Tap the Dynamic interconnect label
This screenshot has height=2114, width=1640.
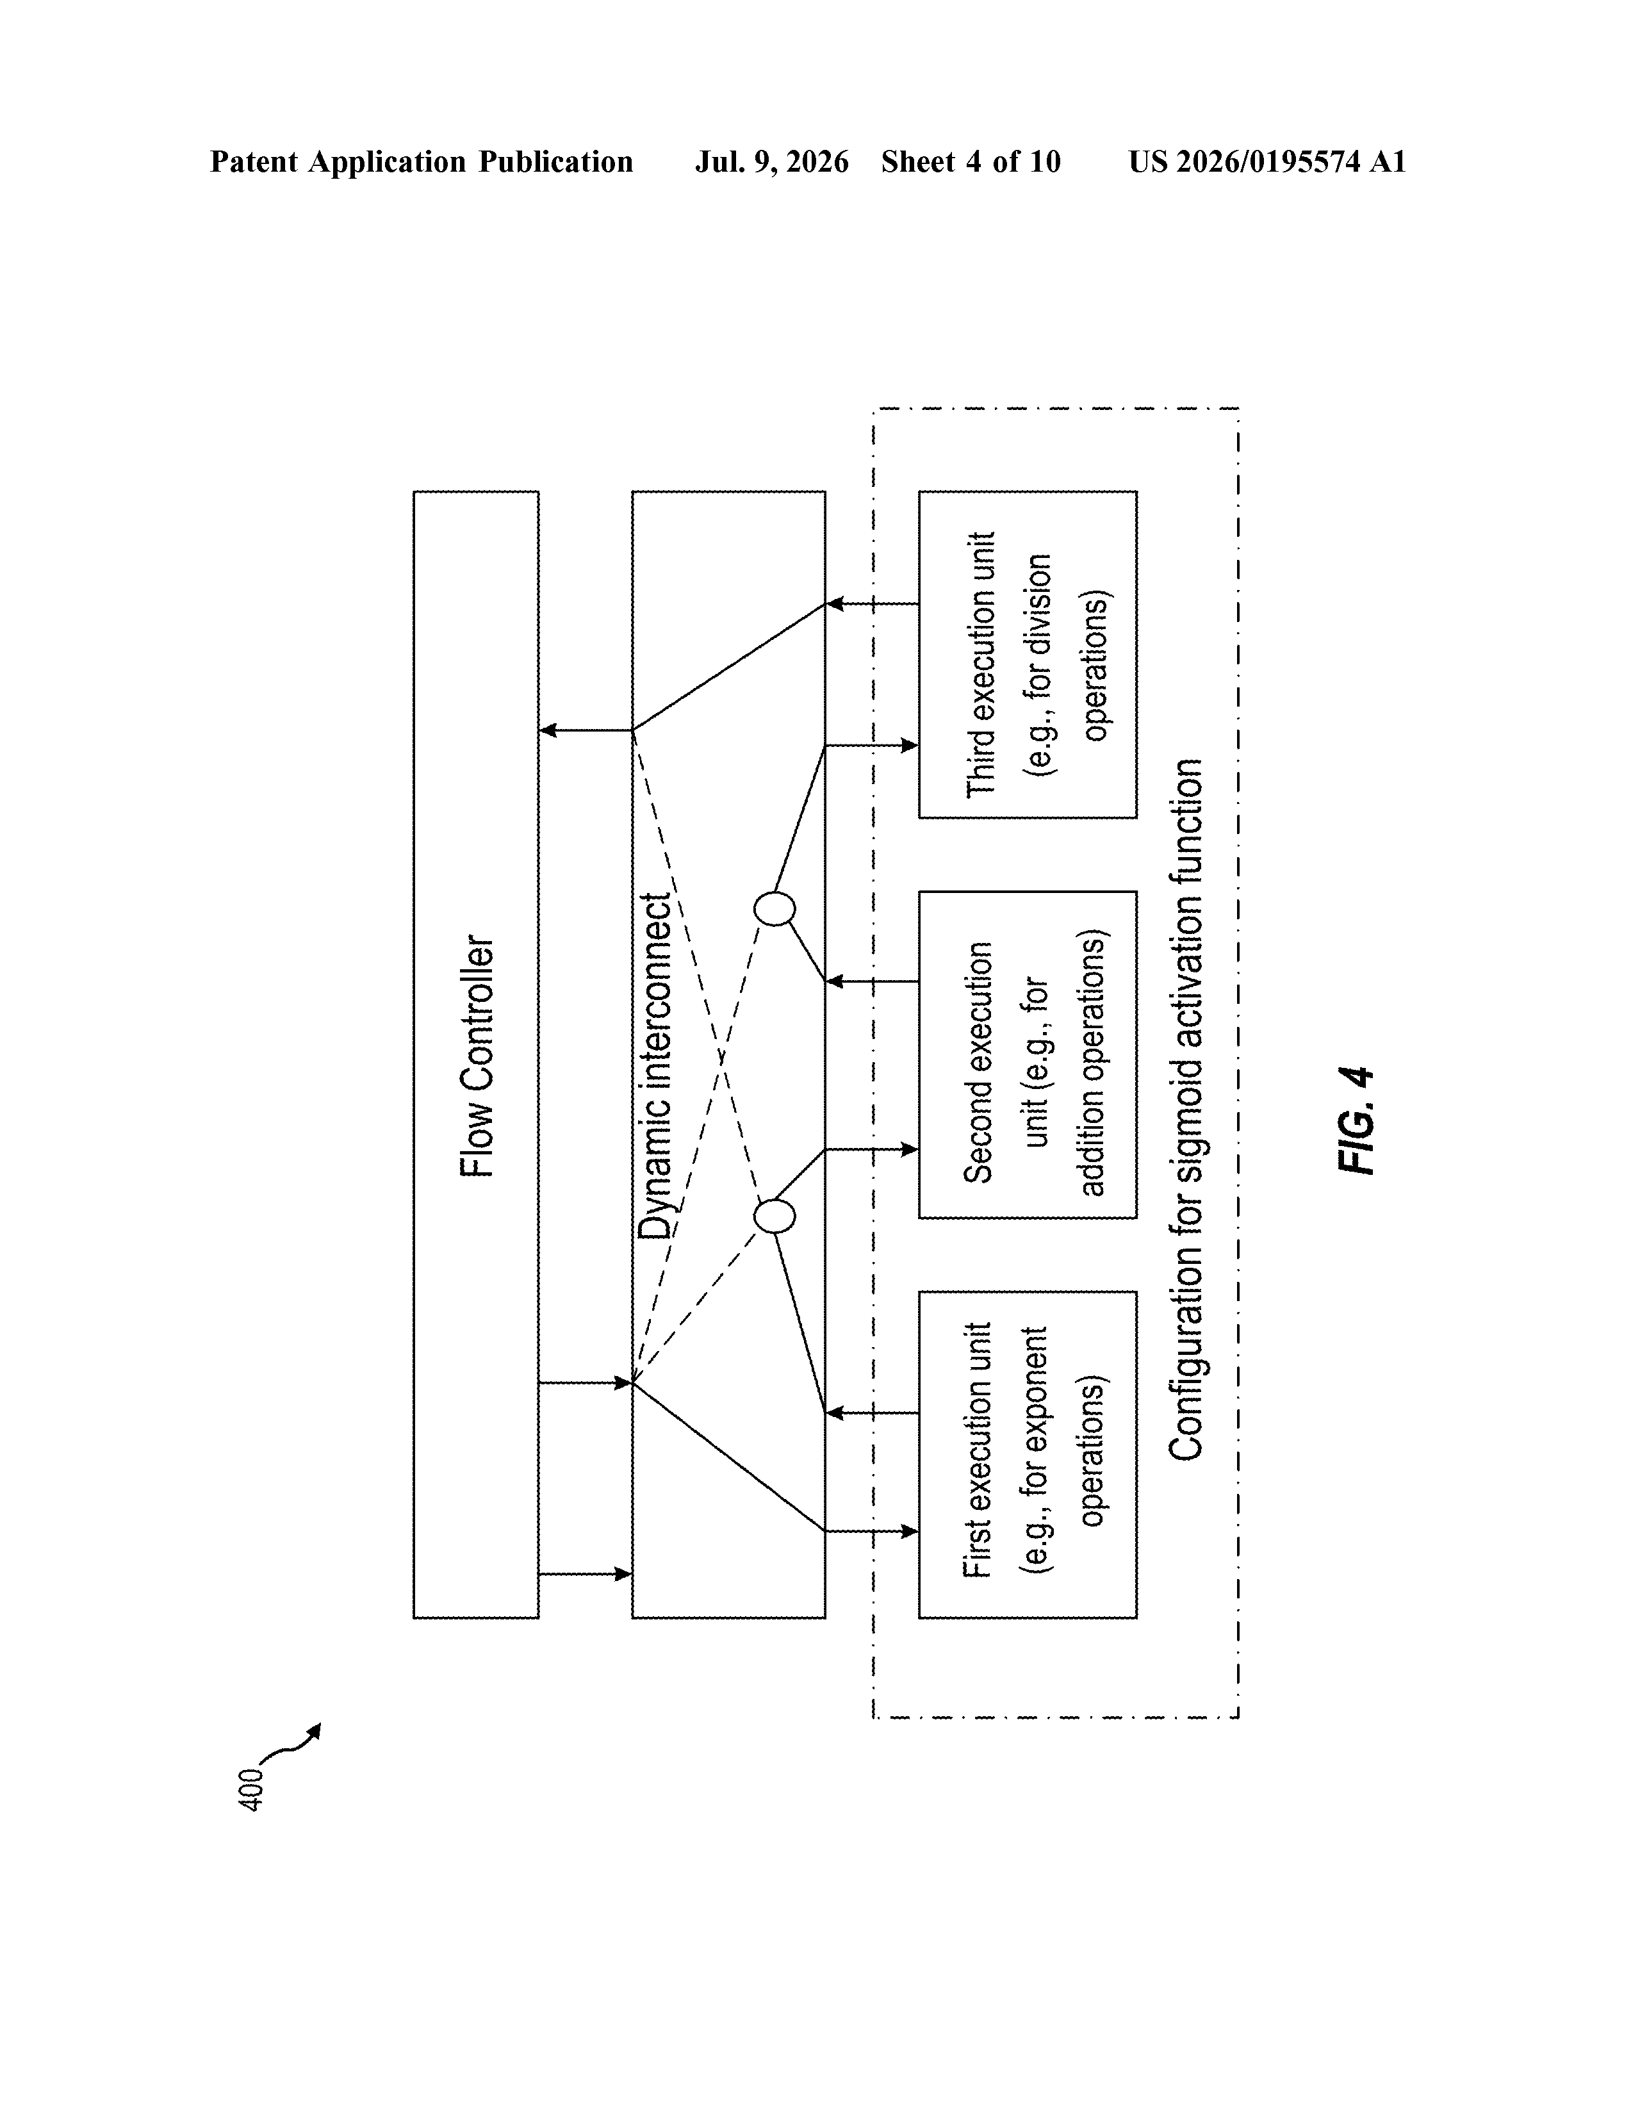point(655,1067)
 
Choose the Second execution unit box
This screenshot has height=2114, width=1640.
point(1027,1054)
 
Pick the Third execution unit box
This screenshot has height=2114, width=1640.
point(1027,654)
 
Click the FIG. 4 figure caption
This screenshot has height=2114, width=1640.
point(1356,1121)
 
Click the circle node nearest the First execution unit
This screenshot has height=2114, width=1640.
point(775,1216)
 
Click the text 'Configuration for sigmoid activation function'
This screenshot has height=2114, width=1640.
point(1185,1110)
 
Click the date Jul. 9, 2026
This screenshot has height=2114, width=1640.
point(771,161)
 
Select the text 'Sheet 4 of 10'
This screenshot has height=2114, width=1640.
point(971,161)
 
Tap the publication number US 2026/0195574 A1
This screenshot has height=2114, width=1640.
point(1267,161)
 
